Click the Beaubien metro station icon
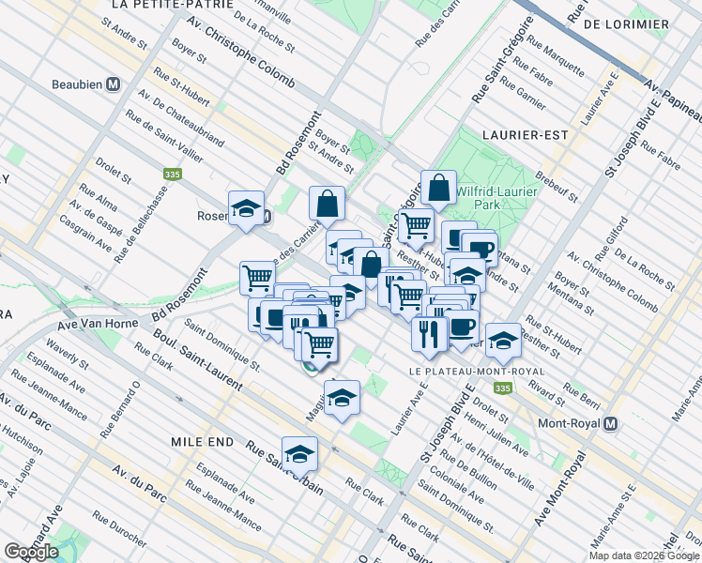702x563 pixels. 113,84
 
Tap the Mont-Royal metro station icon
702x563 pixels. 612,423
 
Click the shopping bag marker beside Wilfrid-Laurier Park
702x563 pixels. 439,188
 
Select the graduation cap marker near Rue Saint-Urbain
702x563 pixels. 300,454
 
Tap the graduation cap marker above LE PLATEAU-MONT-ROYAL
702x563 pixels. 504,342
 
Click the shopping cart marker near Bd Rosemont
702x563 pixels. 258,278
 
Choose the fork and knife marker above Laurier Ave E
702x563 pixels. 429,334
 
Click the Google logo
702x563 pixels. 32,552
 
